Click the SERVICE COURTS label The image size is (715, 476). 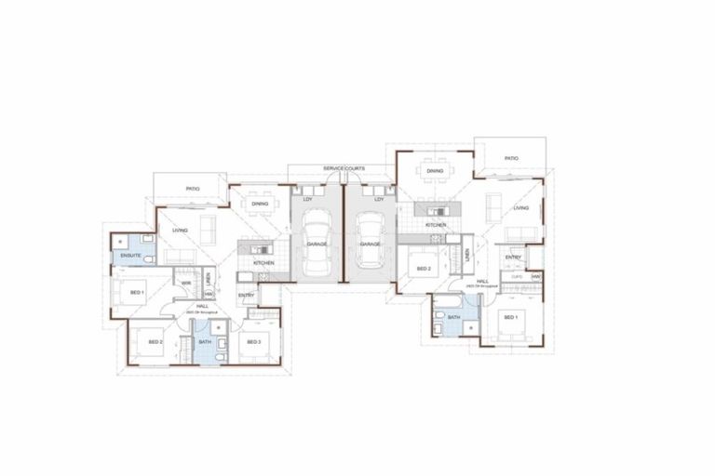pyautogui.click(x=344, y=168)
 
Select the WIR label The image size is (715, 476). pyautogui.click(x=186, y=283)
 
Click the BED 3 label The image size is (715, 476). pyautogui.click(x=254, y=342)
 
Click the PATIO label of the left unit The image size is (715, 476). pyautogui.click(x=192, y=188)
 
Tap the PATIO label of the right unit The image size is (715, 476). pyautogui.click(x=511, y=159)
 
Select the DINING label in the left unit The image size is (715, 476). pyautogui.click(x=260, y=204)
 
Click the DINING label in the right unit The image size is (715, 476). pyautogui.click(x=435, y=171)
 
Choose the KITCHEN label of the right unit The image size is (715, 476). pyautogui.click(x=436, y=225)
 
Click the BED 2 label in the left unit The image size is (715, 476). pyautogui.click(x=155, y=342)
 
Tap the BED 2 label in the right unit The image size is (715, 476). pyautogui.click(x=424, y=269)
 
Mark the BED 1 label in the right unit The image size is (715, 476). pyautogui.click(x=510, y=317)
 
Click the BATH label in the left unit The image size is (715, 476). pyautogui.click(x=205, y=342)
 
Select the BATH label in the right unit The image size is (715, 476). pyautogui.click(x=454, y=317)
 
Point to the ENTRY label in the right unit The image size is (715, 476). pyautogui.click(x=513, y=258)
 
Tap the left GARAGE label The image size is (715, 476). pyautogui.click(x=316, y=244)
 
